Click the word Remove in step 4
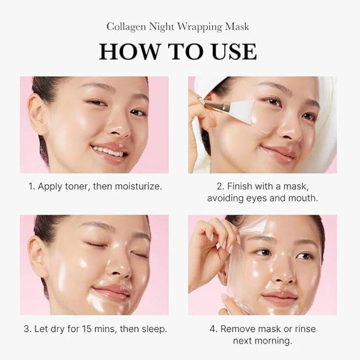click(x=238, y=329)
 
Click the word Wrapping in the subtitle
click(x=200, y=27)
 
